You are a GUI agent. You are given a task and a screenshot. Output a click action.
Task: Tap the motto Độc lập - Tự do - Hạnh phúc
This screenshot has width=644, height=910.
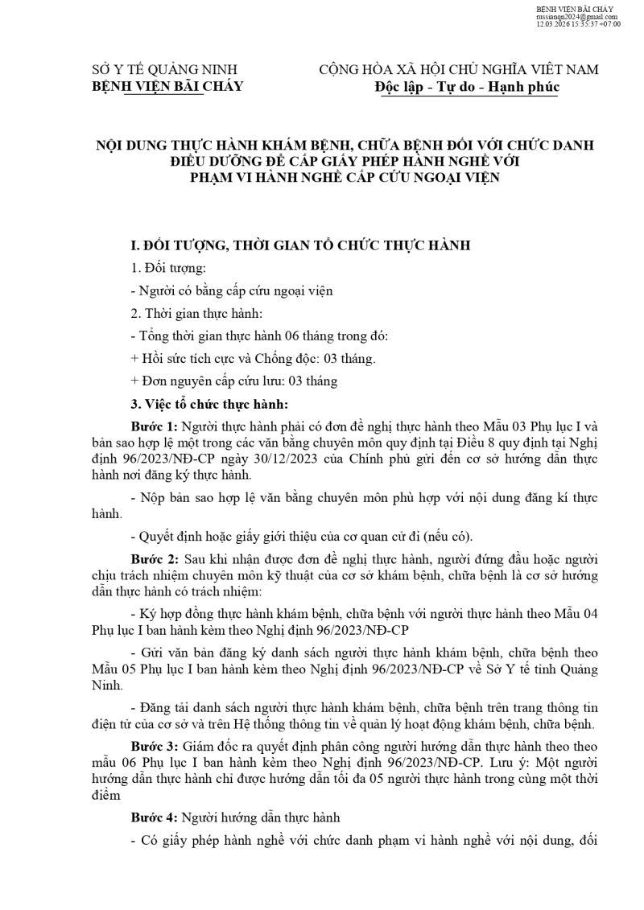click(466, 86)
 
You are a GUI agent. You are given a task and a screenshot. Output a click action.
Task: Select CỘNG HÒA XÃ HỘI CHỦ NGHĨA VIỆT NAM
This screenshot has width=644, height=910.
click(459, 69)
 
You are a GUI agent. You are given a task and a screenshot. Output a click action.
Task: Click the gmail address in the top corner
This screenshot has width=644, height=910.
click(576, 16)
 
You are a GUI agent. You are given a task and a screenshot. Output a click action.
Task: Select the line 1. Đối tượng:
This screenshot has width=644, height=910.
click(168, 268)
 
